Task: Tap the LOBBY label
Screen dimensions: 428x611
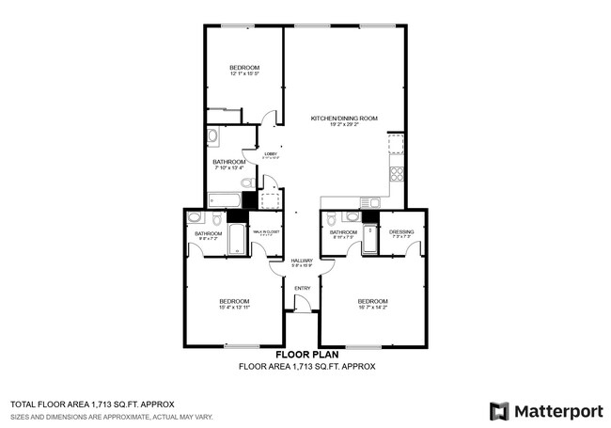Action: pos(270,154)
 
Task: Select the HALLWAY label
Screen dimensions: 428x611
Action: pos(301,261)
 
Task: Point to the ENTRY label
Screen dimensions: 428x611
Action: pos(302,288)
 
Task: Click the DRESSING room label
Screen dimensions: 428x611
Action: pos(401,231)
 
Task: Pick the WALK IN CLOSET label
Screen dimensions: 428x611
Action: pos(266,231)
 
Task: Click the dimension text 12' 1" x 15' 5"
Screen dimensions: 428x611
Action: pos(244,74)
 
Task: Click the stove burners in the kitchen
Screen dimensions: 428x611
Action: pos(396,173)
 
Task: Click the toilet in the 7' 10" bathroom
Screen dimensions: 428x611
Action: pos(246,182)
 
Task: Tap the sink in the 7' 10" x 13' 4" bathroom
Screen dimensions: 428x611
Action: pos(212,136)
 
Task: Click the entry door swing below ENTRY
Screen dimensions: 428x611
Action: pos(303,304)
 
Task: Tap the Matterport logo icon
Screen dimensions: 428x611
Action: pos(499,411)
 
